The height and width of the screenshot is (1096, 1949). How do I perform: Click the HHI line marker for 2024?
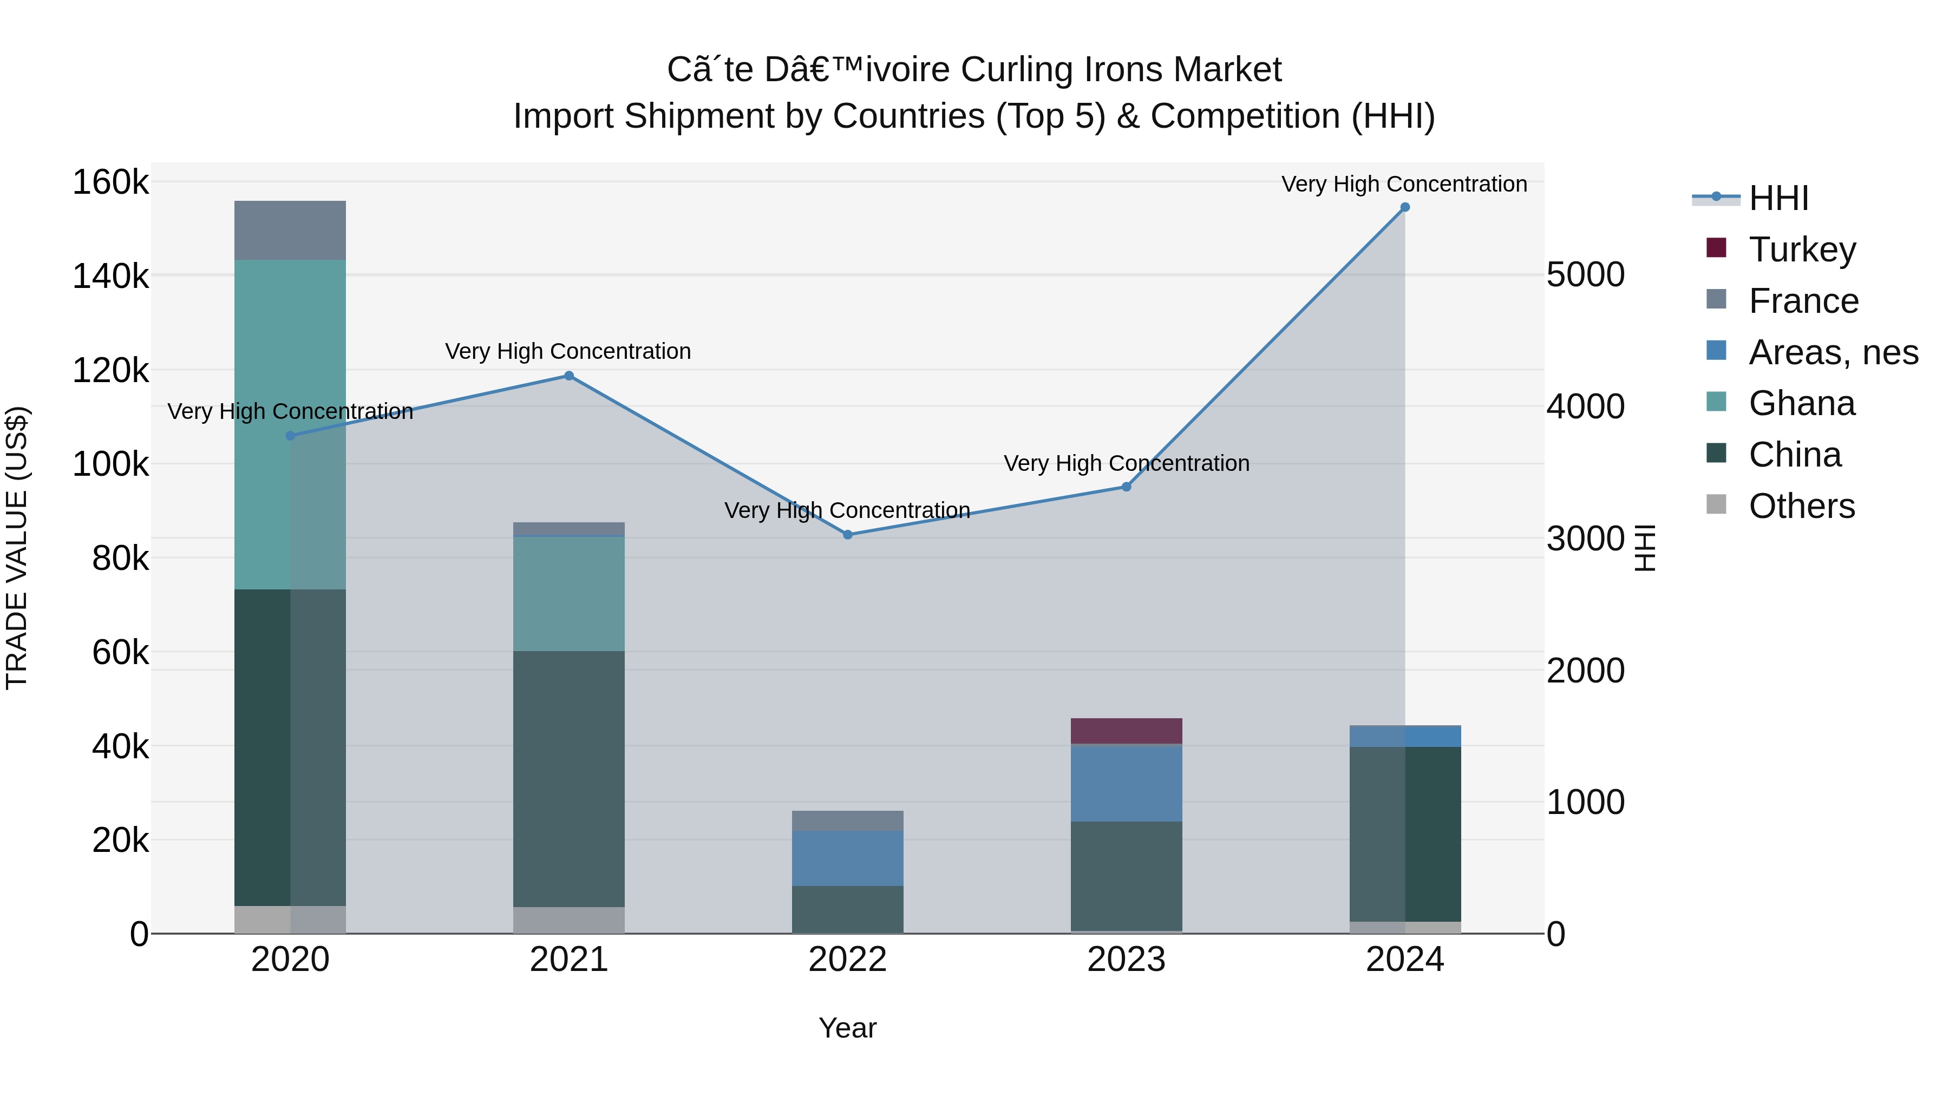1405,207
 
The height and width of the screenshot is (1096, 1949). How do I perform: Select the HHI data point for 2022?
847,535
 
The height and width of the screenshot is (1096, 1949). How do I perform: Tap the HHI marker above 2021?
569,376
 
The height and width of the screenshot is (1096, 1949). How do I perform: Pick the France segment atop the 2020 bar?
290,231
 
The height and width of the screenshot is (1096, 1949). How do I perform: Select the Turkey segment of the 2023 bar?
1126,731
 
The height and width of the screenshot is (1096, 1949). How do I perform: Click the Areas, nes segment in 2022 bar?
847,858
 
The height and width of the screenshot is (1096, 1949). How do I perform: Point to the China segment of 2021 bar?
569,779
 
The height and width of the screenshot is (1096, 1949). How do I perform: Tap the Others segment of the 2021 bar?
569,920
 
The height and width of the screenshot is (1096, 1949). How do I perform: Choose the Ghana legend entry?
1801,404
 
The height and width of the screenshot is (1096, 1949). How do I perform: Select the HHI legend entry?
1778,198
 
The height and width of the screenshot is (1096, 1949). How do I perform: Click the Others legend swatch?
1717,504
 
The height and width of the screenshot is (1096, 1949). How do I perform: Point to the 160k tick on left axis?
110,182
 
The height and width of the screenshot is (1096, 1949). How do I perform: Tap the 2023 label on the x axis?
1126,960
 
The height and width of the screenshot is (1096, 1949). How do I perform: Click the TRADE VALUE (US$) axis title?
17,548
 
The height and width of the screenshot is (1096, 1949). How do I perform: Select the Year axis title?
847,1028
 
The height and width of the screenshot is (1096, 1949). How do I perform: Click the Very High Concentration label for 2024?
1404,184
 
